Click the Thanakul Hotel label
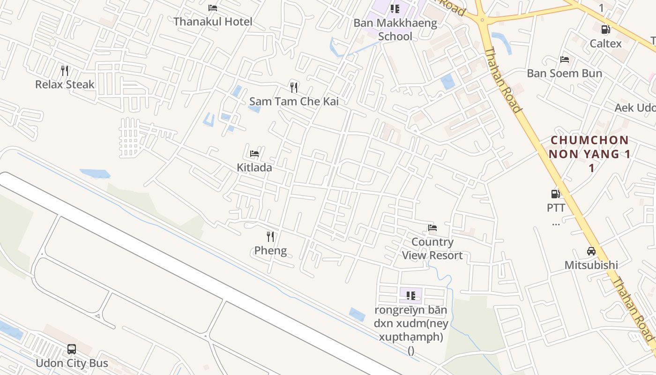click(213, 22)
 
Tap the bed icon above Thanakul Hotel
click(213, 8)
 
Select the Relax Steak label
click(65, 85)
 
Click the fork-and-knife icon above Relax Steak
click(65, 71)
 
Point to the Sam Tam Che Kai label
click(294, 101)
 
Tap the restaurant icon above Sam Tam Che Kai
click(294, 87)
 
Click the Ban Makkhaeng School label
click(395, 30)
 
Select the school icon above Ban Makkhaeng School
click(395, 9)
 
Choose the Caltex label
click(605, 44)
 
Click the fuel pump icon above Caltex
click(605, 30)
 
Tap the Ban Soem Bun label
click(564, 74)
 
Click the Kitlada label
click(254, 167)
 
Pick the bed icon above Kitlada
click(254, 153)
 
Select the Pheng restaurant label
click(270, 250)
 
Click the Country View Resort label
click(432, 248)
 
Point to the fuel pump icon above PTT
click(556, 194)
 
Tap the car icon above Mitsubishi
click(591, 251)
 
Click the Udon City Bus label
click(72, 363)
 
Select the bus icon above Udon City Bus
click(72, 349)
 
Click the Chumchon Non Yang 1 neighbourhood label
click(590, 147)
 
